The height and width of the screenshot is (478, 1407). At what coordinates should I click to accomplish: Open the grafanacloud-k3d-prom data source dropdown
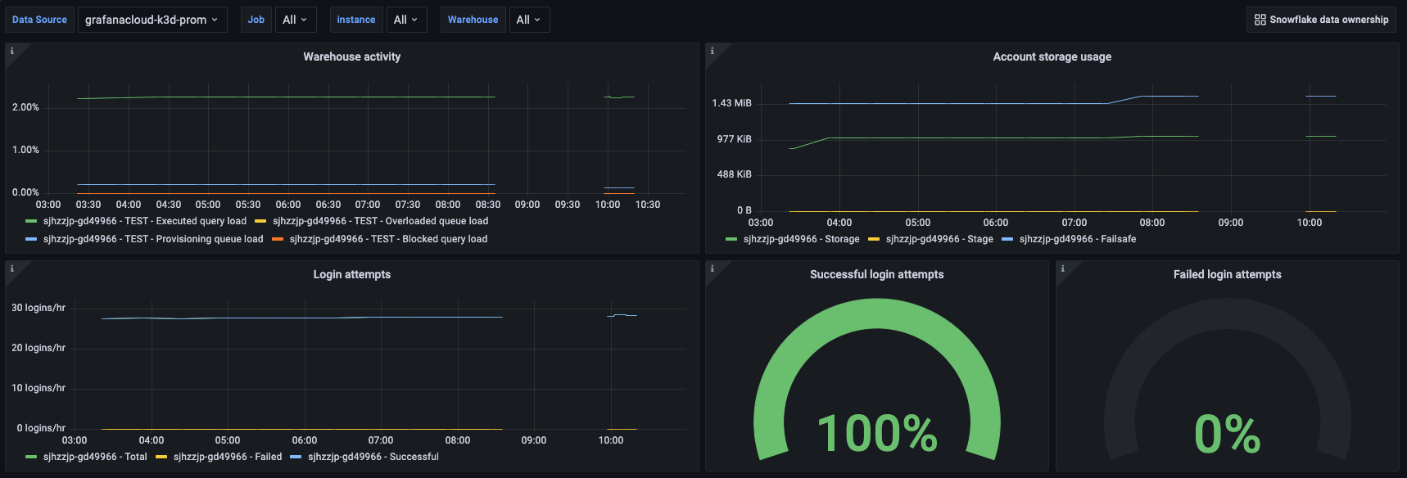coord(152,20)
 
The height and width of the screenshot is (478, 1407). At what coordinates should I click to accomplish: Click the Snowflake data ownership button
coord(1321,20)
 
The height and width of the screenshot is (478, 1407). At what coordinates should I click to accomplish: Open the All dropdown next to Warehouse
coord(528,20)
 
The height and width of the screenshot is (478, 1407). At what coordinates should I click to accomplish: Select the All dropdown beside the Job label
coord(295,20)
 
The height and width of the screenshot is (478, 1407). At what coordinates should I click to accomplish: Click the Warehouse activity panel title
coord(351,56)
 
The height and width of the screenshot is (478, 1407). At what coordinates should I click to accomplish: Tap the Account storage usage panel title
coord(1052,56)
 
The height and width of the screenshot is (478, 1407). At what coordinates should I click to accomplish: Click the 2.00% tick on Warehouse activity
coord(25,107)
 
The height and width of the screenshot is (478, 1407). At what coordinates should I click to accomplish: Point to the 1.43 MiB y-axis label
coord(731,103)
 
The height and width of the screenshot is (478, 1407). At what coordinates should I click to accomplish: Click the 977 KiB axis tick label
coord(734,139)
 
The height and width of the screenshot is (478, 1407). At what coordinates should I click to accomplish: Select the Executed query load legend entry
coord(144,221)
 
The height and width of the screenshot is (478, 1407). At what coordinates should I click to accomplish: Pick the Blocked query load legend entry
coord(388,239)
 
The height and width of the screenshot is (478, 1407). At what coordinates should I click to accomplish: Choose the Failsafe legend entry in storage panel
coord(1077,239)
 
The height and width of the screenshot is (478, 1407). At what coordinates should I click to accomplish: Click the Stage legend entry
coord(939,239)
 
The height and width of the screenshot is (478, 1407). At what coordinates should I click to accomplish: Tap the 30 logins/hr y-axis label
coord(38,308)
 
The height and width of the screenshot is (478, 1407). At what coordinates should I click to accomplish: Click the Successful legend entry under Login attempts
coord(373,457)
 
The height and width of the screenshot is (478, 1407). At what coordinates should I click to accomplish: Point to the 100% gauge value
coord(876,434)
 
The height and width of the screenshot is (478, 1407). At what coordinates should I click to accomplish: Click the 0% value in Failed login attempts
coord(1227,434)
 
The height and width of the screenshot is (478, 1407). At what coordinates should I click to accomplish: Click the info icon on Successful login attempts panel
coord(712,268)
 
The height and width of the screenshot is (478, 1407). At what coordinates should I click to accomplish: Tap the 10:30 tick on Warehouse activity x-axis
coord(647,205)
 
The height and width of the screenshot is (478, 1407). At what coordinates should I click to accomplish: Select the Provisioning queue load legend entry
coord(152,239)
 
